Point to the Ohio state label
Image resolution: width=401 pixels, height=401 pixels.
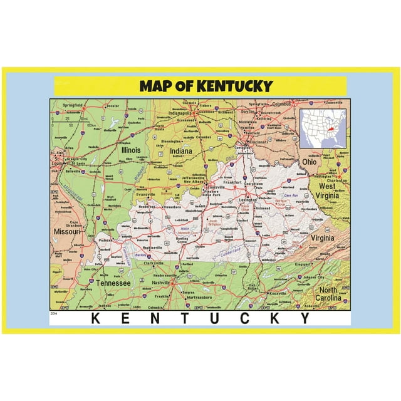tap(310, 162)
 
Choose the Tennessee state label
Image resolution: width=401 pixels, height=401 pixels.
tap(113, 283)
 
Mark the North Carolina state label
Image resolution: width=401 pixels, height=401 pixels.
tap(329, 294)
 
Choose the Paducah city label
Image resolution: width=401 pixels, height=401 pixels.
tap(105, 239)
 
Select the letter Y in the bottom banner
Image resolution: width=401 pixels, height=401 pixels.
tap(304, 318)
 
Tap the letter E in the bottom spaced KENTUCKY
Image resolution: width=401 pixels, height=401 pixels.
tap(125, 318)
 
